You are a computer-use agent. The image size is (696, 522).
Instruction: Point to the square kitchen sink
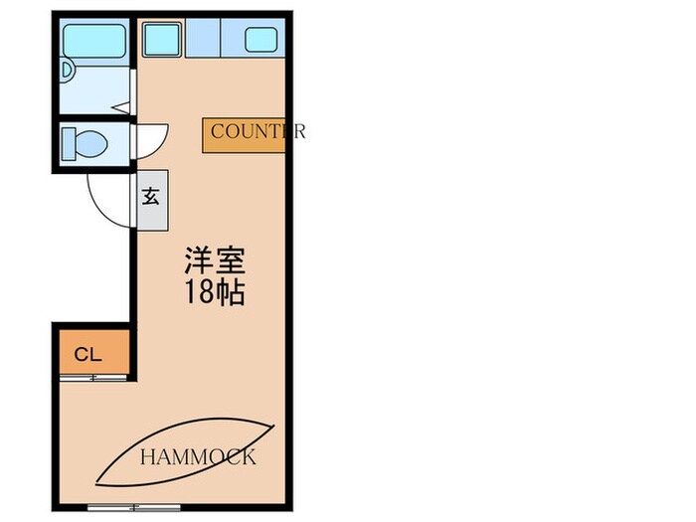pos(160,40)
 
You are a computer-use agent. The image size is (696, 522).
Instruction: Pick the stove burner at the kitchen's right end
pos(261,41)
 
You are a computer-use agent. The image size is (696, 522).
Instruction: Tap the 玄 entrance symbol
pos(151,197)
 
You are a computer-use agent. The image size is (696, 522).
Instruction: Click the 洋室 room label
pos(213,262)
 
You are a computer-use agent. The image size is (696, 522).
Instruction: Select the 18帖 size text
pos(213,293)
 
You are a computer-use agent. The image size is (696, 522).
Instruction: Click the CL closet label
pos(87,353)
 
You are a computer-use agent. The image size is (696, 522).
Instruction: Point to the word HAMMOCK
pos(197,457)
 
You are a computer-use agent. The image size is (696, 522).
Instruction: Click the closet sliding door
pos(92,378)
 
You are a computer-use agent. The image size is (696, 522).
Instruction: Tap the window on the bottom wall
pos(126,507)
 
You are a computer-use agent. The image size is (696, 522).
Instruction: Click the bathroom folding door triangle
pos(121,106)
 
